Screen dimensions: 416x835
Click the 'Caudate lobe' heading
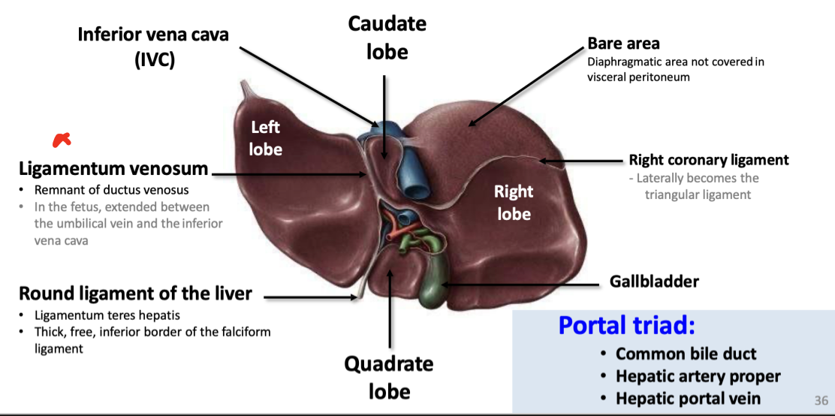[387, 38]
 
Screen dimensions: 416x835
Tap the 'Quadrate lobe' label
[388, 377]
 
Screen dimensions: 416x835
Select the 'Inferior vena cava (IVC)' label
[153, 47]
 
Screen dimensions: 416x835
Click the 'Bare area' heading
[623, 44]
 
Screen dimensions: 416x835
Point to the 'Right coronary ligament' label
[708, 159]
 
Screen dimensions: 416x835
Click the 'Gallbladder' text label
[653, 282]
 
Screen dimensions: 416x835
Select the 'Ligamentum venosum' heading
[113, 168]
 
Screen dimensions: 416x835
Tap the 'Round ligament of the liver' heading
[135, 293]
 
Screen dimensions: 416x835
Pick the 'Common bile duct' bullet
[686, 354]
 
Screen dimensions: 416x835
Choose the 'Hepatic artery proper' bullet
[698, 376]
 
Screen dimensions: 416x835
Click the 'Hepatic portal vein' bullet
[688, 399]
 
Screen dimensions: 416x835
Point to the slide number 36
[821, 401]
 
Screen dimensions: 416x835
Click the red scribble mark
[61, 139]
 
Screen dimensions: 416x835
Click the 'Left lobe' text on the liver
[266, 139]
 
